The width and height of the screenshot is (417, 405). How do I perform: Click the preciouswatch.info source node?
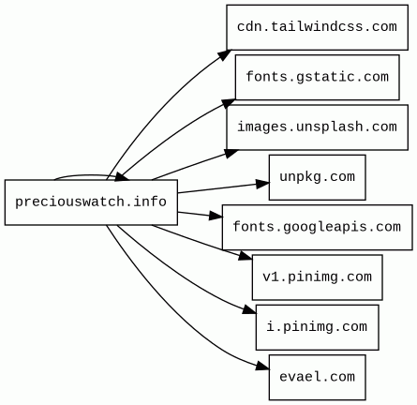point(91,202)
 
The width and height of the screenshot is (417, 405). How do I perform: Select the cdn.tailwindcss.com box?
point(318,27)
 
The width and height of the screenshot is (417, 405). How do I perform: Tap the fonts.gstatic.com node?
point(318,77)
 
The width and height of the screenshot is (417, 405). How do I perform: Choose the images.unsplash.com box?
point(318,127)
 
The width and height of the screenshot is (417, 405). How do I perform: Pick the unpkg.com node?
point(318,177)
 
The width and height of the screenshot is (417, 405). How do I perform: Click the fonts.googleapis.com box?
point(318,227)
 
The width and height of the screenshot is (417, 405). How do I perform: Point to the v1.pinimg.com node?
point(318,277)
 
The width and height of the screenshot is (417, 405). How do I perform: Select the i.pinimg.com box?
point(318,327)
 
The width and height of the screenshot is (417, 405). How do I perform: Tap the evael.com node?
point(318,377)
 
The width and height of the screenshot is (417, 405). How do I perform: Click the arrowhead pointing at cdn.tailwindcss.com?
point(225,54)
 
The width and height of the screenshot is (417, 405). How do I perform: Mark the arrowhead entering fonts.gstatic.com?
point(229,103)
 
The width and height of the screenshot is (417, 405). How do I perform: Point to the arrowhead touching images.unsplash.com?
point(231,153)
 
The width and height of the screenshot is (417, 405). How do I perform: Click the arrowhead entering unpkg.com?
point(262,184)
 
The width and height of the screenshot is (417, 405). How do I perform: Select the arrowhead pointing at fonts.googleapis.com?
point(216,216)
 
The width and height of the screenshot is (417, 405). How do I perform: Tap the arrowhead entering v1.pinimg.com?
point(245,256)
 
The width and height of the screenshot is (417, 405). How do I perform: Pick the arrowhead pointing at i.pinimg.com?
point(249,309)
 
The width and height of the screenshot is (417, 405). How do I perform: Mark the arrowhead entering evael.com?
point(262,367)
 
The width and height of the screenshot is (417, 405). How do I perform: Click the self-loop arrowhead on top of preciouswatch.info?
point(122,177)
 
